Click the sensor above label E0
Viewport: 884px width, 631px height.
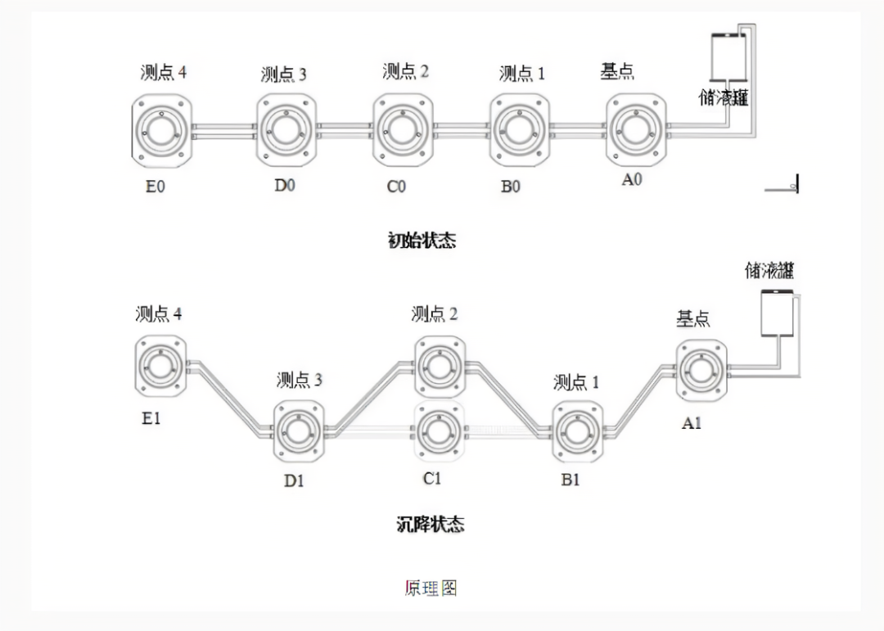coord(161,129)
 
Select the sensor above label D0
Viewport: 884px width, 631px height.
coord(286,129)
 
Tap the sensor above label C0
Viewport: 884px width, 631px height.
coord(403,129)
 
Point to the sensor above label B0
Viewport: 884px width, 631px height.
coord(520,129)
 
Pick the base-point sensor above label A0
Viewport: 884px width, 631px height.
coord(636,128)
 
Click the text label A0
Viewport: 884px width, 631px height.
coord(632,180)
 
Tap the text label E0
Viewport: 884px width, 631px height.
coord(155,186)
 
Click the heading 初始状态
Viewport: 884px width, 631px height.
coord(422,241)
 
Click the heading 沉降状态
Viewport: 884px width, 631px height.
coord(431,524)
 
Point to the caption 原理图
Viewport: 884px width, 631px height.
coord(431,588)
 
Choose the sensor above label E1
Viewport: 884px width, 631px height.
coord(160,365)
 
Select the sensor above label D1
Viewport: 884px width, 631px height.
coord(299,430)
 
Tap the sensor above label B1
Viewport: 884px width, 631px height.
coord(578,430)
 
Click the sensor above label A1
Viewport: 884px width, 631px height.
coord(701,371)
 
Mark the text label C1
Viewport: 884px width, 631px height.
coord(432,479)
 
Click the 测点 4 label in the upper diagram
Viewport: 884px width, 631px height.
coord(163,73)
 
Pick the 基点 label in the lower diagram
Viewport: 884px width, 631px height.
coord(692,319)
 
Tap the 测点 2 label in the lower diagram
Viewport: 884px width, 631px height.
coord(435,314)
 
